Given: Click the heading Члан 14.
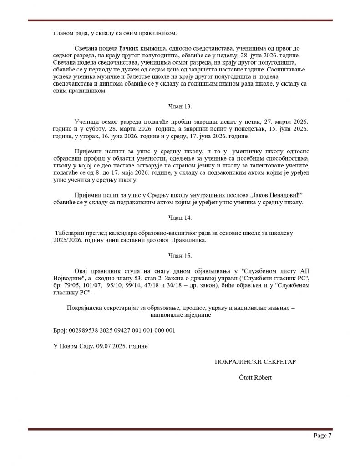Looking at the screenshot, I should pos(180,217).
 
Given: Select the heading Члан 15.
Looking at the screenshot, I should pos(180,256).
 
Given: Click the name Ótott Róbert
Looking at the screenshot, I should pos(255,377).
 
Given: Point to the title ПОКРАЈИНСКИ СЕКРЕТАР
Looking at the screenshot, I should pos(255,362).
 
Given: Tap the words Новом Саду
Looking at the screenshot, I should pos(76,346).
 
